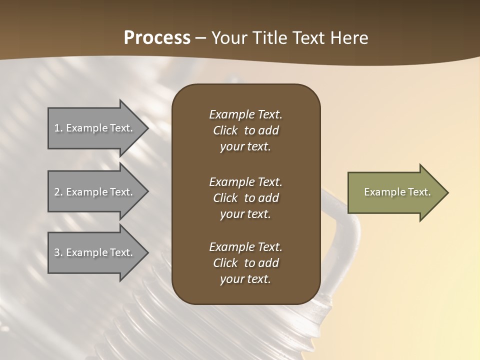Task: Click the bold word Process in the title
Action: [x=157, y=38]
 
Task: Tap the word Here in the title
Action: [x=348, y=38]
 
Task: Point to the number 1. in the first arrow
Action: [x=58, y=128]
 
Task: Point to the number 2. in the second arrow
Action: [x=58, y=192]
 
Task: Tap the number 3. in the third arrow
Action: [x=58, y=252]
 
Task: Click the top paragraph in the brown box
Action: [x=245, y=130]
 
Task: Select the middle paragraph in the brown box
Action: [x=245, y=198]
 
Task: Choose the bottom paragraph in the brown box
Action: [x=245, y=263]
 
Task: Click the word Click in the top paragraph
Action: [x=225, y=130]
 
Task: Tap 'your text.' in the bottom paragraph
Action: [x=245, y=279]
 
